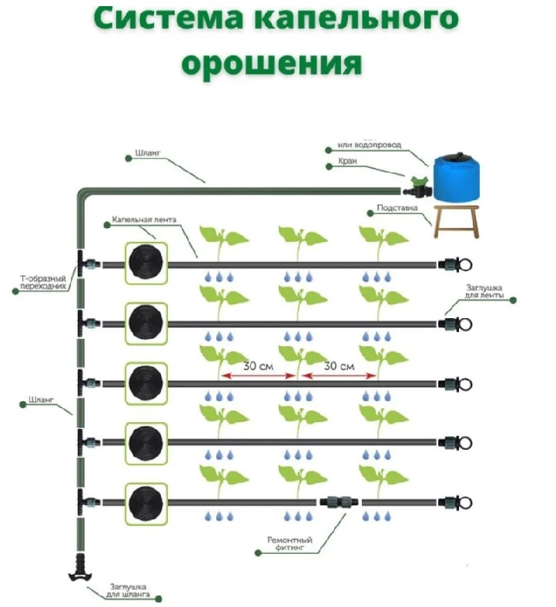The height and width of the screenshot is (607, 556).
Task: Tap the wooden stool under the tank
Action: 455,220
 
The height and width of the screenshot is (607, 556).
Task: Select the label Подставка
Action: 397,208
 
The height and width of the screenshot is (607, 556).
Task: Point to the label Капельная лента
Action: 144,220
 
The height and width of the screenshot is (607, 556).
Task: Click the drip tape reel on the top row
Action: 146,263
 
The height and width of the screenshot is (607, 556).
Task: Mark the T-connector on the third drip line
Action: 82,383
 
